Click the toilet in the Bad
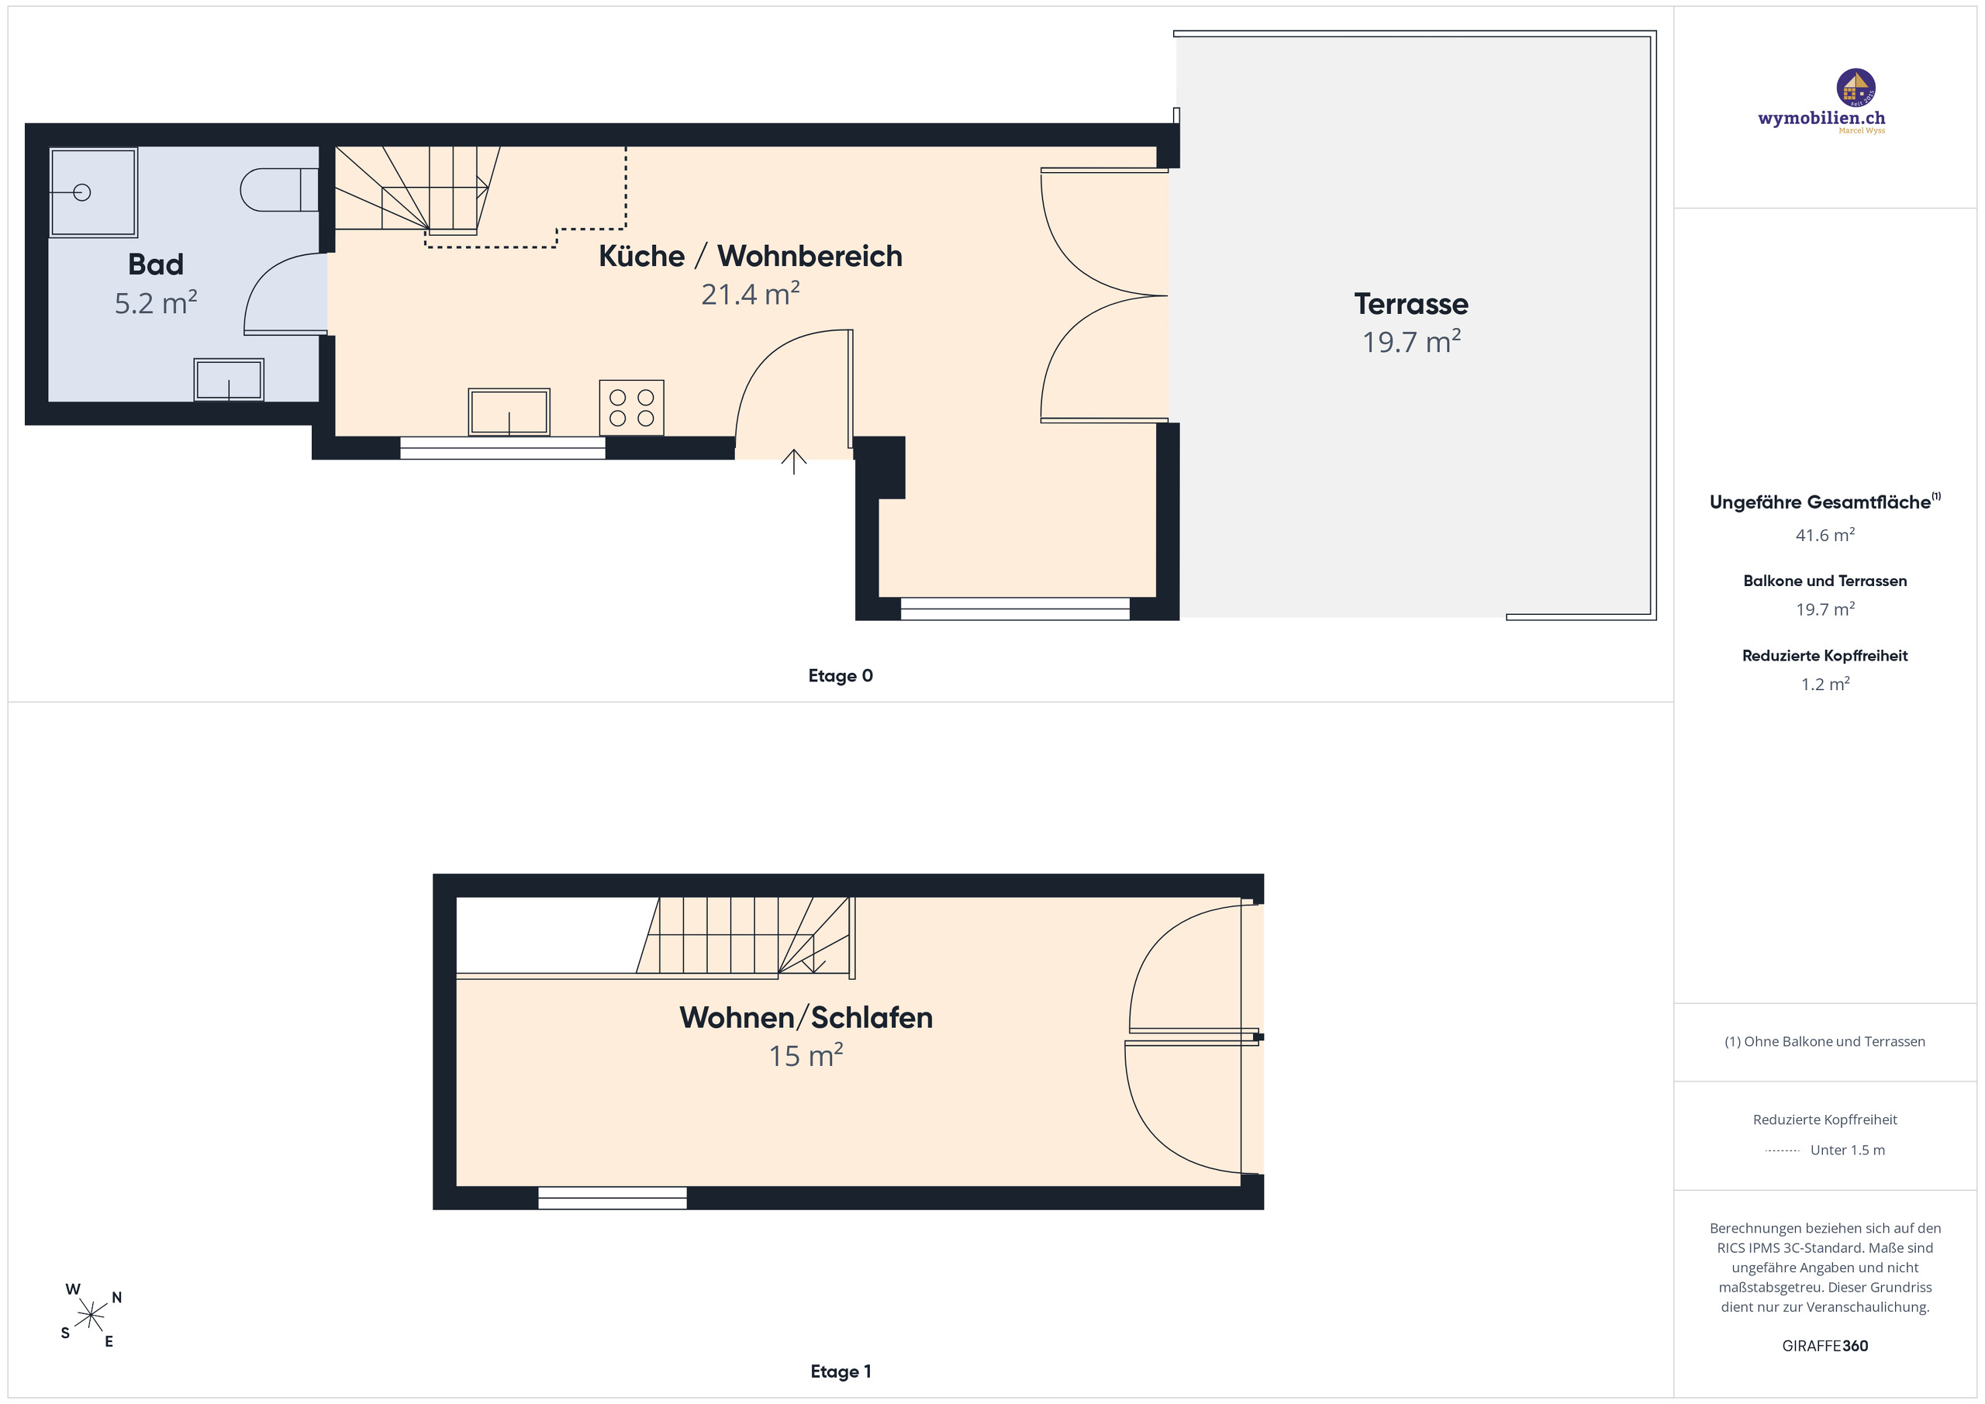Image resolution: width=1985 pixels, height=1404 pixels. click(x=279, y=190)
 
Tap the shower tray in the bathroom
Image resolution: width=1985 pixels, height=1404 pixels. click(x=93, y=192)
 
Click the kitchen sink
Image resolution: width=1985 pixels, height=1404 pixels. click(x=509, y=412)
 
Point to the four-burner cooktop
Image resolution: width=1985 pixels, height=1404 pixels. click(x=632, y=407)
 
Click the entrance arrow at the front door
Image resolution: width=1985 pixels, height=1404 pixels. click(x=794, y=461)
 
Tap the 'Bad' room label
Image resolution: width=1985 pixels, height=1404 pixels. click(x=156, y=264)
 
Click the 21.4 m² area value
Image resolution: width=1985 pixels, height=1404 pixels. click(x=751, y=294)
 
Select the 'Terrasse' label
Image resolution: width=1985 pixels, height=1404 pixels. click(x=1411, y=305)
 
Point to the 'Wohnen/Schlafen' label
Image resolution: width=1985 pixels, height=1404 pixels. click(x=806, y=1018)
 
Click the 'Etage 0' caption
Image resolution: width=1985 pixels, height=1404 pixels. click(x=841, y=676)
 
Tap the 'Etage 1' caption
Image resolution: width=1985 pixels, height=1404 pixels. click(x=841, y=1371)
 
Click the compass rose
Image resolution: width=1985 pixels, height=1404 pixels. click(x=91, y=1316)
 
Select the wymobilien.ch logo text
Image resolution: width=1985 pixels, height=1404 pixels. click(x=1821, y=119)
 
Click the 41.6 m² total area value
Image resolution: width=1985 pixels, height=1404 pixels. click(x=1825, y=535)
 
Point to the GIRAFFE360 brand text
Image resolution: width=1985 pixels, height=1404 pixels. click(x=1825, y=1346)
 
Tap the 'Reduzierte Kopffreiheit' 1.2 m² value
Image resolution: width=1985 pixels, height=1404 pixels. click(x=1825, y=684)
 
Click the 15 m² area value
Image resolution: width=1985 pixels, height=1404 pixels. click(x=806, y=1056)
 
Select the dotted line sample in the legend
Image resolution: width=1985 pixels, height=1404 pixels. click(x=1782, y=1150)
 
